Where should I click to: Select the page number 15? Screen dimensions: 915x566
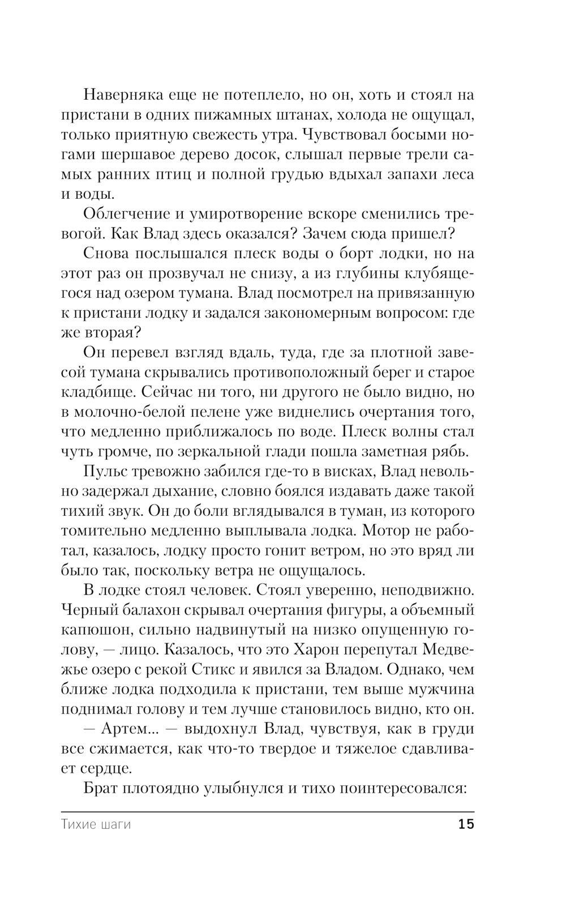point(466,824)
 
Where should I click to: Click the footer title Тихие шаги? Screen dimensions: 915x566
point(96,824)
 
